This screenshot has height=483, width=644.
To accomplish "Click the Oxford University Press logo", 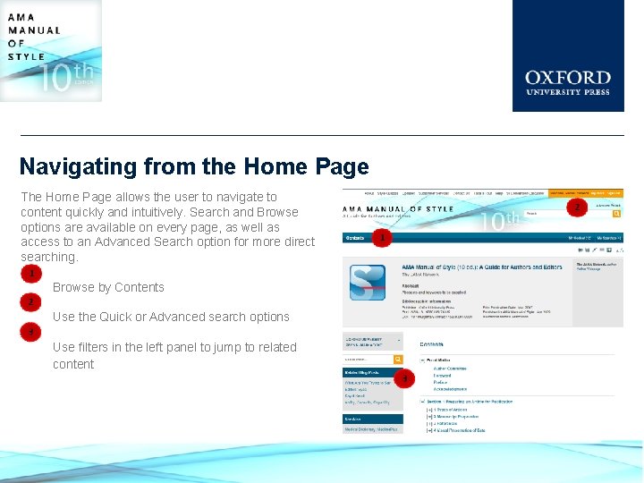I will [x=567, y=55].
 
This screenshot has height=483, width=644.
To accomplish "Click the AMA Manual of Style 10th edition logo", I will [x=50, y=50].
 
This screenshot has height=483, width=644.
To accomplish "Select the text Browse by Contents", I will [x=108, y=287].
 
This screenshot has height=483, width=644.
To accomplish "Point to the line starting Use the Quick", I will [x=171, y=317].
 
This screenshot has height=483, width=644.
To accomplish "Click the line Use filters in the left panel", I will [x=174, y=347].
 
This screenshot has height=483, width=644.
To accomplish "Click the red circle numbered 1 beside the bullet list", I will [x=31, y=273].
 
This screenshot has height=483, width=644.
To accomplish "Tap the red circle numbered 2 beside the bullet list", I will [x=31, y=302].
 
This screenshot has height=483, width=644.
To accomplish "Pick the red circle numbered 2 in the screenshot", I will [x=578, y=208].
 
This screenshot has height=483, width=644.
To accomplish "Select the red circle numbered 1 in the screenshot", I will [x=383, y=238].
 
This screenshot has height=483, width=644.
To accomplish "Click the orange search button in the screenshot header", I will [x=616, y=215].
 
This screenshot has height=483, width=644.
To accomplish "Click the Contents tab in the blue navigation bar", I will [x=355, y=238].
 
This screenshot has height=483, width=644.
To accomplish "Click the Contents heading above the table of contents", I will [x=432, y=343].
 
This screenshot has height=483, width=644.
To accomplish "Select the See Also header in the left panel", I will [x=353, y=419].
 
